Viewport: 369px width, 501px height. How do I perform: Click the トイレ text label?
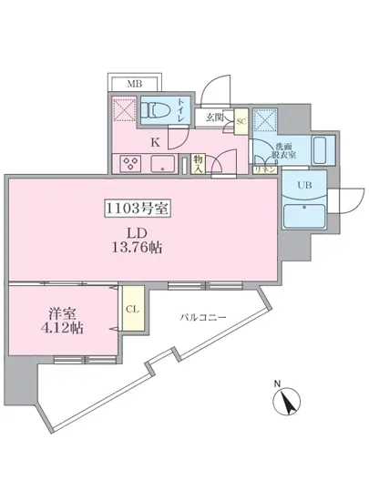point(183,108)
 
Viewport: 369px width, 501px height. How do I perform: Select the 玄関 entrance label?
point(215,117)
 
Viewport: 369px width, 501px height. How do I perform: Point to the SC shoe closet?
point(241,119)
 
